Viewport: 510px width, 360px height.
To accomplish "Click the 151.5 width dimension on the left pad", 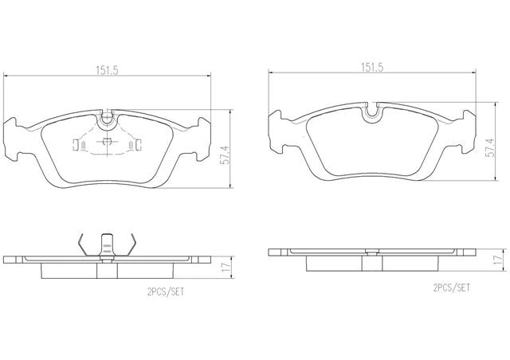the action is (107, 70).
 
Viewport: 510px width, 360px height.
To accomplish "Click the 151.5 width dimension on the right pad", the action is (372, 68).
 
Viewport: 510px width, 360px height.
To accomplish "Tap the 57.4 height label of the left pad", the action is (225, 156).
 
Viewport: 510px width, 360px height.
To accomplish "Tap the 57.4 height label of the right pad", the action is (490, 147).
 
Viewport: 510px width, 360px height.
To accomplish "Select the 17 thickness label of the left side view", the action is (226, 268).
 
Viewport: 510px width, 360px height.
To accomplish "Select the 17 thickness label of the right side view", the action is (498, 260).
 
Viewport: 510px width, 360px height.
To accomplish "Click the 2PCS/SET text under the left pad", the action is (166, 292).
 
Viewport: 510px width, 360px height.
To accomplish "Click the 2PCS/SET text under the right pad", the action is (452, 288).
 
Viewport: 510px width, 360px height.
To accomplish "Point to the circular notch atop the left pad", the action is (106, 118).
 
